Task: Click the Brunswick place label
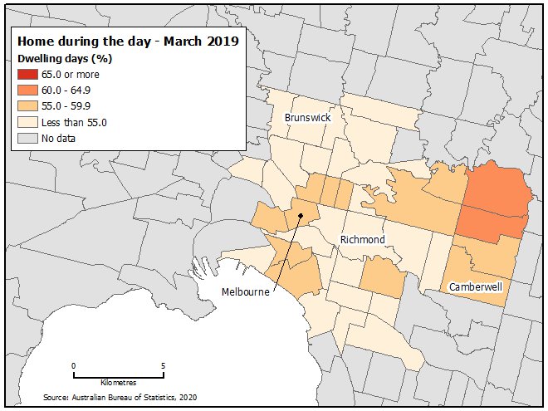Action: pyautogui.click(x=307, y=118)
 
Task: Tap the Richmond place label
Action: pyautogui.click(x=363, y=240)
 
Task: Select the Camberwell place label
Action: pyautogui.click(x=477, y=286)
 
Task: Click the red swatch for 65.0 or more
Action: pyautogui.click(x=27, y=75)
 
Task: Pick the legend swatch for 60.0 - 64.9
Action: pyautogui.click(x=27, y=91)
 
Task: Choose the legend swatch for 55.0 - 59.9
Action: pyautogui.click(x=27, y=106)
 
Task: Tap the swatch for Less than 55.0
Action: pyautogui.click(x=27, y=122)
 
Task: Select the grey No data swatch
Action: pyautogui.click(x=27, y=138)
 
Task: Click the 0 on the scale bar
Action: pyautogui.click(x=73, y=365)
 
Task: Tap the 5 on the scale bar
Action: pyautogui.click(x=163, y=365)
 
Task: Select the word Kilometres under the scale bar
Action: pyautogui.click(x=118, y=383)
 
